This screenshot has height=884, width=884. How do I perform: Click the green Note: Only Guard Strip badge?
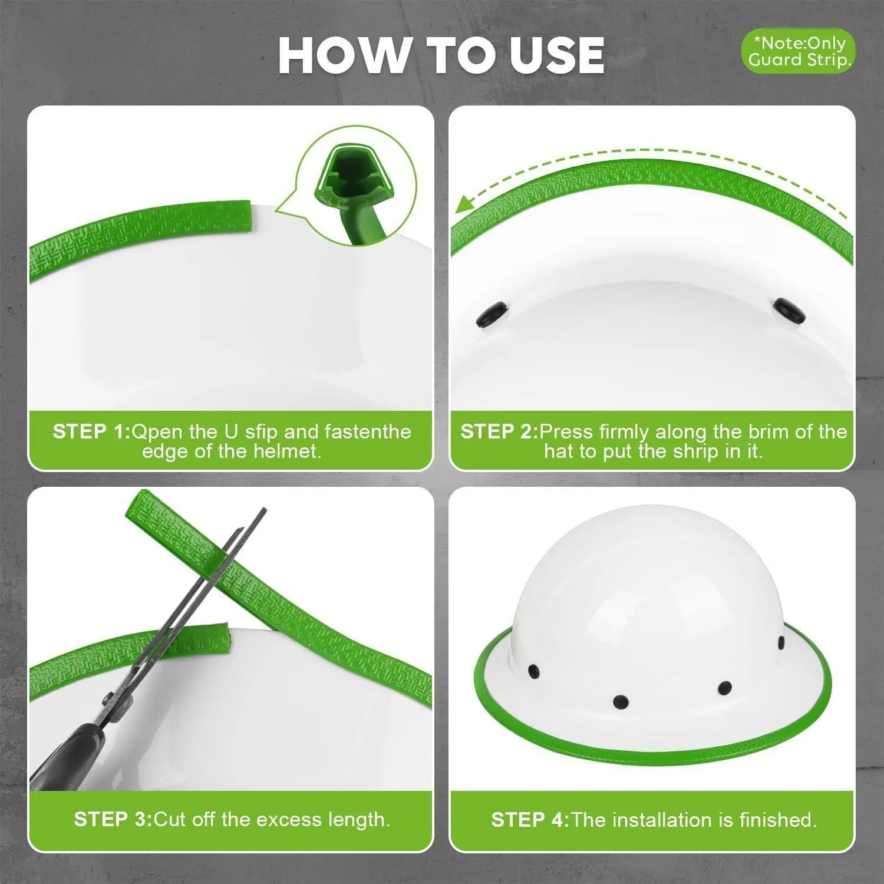798,51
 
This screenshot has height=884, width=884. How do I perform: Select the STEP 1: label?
91,431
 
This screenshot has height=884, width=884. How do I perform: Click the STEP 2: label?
499,431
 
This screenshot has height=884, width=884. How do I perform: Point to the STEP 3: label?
113,819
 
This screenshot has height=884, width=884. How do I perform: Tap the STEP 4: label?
530,819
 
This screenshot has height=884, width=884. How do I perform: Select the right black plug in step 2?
790,311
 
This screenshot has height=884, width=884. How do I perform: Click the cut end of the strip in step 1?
248,216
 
